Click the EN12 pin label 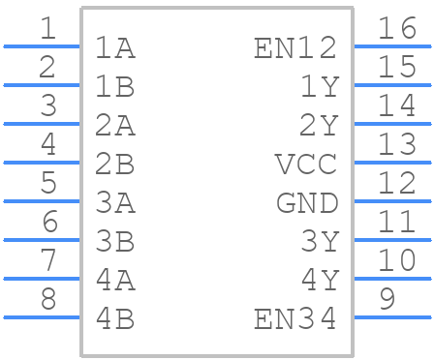(x=295, y=47)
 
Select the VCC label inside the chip (x=306, y=164)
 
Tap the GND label (x=306, y=202)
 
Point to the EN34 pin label (x=295, y=318)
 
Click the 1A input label (x=115, y=47)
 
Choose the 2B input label (x=115, y=164)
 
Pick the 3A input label (x=115, y=202)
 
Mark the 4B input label (x=115, y=318)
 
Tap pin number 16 (x=397, y=28)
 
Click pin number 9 (x=387, y=299)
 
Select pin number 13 (x=397, y=144)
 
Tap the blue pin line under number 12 (x=392, y=200)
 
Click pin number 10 (x=397, y=260)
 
